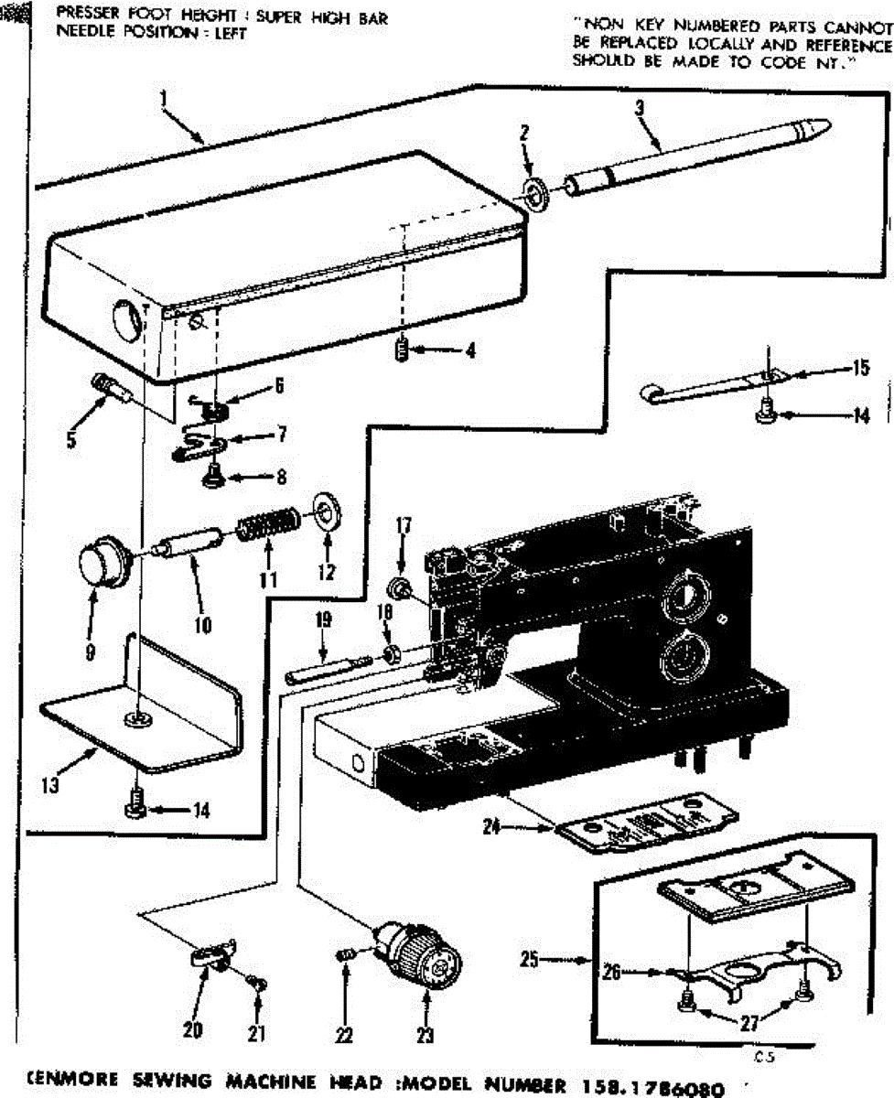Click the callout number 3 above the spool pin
click(x=640, y=107)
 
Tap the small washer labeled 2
click(x=533, y=192)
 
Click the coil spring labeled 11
click(x=268, y=528)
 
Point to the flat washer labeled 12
click(x=324, y=511)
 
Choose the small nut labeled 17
click(x=399, y=587)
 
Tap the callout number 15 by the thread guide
click(x=859, y=369)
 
